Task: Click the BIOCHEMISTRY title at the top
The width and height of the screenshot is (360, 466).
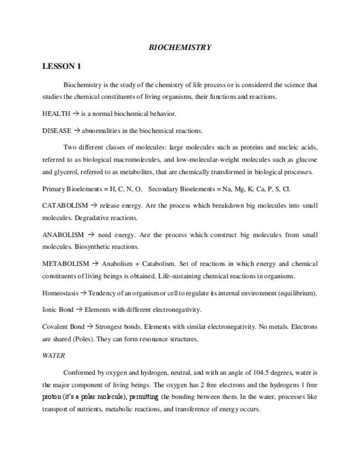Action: [x=180, y=48]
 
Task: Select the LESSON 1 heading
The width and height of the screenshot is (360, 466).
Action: [x=62, y=67]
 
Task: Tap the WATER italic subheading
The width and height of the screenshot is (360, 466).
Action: [x=53, y=356]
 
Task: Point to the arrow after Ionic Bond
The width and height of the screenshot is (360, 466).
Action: [x=79, y=309]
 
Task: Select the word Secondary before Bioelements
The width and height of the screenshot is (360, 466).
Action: [x=163, y=189]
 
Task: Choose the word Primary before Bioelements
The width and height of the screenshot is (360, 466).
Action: [x=53, y=189]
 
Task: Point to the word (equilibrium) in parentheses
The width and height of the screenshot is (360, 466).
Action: [x=298, y=293]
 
